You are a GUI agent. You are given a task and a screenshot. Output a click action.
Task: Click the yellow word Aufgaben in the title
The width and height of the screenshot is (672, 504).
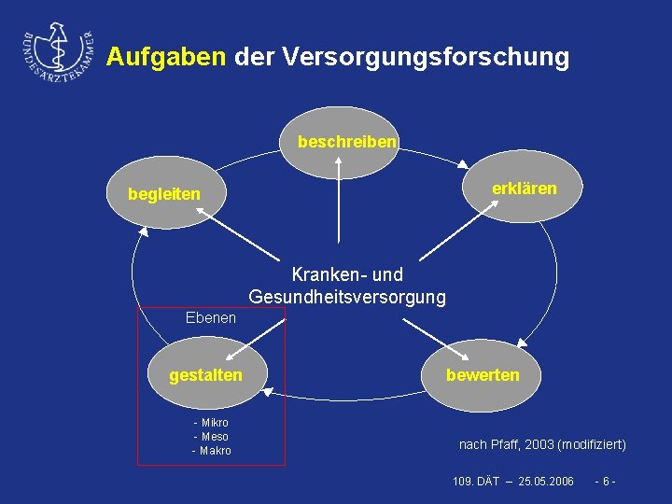point(166,57)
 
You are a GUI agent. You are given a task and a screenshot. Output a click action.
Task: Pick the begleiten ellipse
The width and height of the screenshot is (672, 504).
point(164,194)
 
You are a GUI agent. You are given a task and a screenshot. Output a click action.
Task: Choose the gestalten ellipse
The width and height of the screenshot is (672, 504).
point(205,375)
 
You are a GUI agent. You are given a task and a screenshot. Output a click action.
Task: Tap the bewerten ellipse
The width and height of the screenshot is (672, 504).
point(483,375)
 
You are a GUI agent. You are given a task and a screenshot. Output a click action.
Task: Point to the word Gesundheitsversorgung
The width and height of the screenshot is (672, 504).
point(347,297)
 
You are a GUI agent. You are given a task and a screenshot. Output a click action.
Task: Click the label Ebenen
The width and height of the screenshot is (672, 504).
point(211,318)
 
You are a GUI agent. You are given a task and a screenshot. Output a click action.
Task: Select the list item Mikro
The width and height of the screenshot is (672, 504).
point(213,423)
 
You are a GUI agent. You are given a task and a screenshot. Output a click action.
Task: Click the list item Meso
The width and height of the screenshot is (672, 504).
point(213,437)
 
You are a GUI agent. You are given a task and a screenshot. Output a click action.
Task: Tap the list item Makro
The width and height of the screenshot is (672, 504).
point(213,451)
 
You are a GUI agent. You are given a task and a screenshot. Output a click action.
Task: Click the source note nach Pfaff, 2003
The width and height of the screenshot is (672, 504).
point(542,444)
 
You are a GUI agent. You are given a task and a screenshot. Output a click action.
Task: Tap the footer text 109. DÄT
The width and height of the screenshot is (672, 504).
point(474,481)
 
